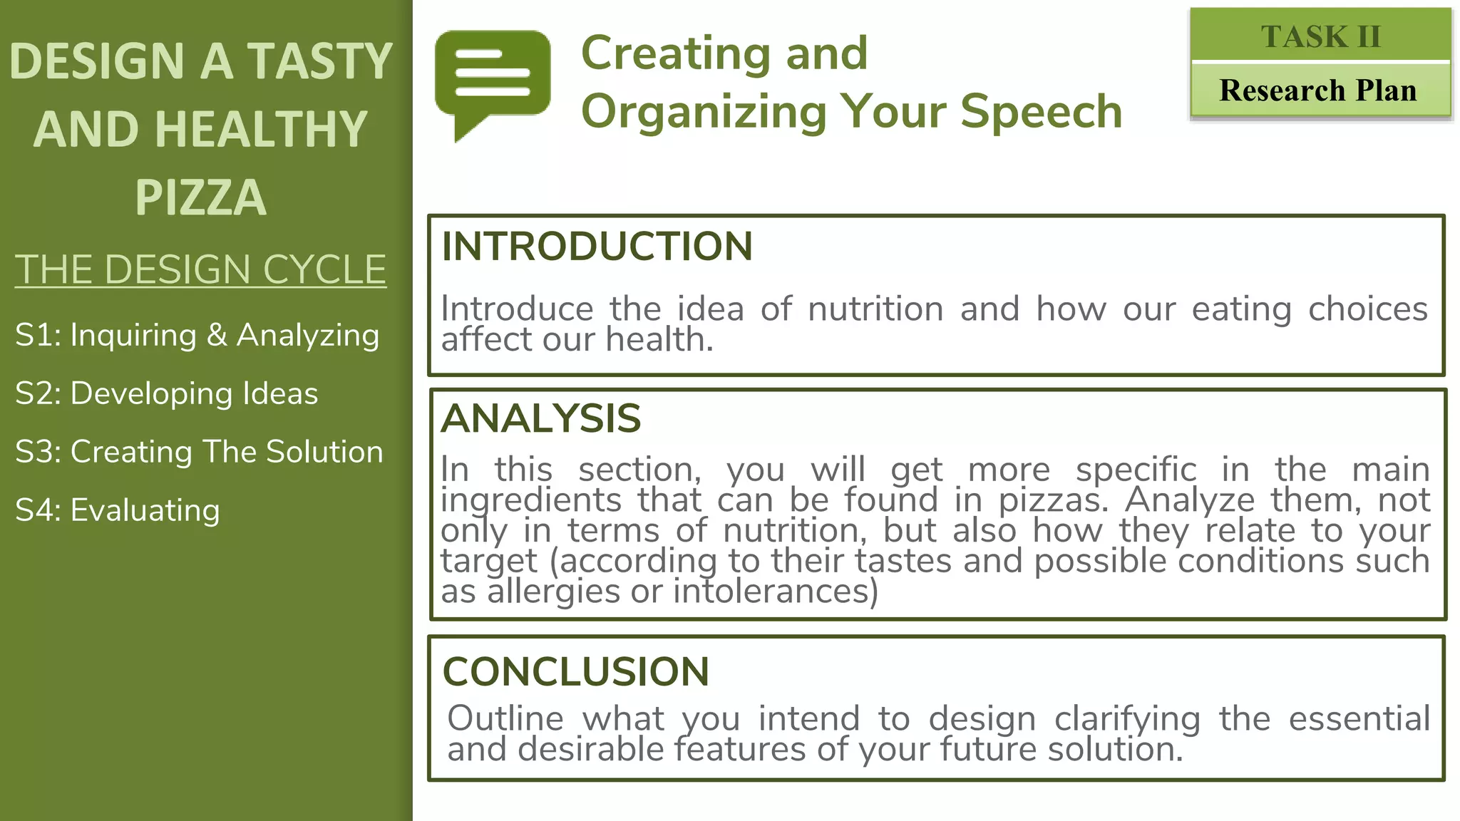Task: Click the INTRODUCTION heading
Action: (x=597, y=247)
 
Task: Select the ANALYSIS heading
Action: (x=541, y=418)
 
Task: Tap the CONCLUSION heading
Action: (x=575, y=671)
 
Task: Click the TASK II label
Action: (x=1320, y=36)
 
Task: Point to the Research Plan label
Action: (x=1318, y=91)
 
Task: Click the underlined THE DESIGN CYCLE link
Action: (x=200, y=270)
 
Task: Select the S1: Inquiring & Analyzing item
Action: (x=197, y=335)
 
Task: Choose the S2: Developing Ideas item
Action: (x=166, y=393)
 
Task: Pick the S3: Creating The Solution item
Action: (x=199, y=452)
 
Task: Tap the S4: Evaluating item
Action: (x=117, y=510)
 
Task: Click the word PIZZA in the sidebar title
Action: (x=200, y=197)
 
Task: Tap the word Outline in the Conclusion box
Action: (x=505, y=718)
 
